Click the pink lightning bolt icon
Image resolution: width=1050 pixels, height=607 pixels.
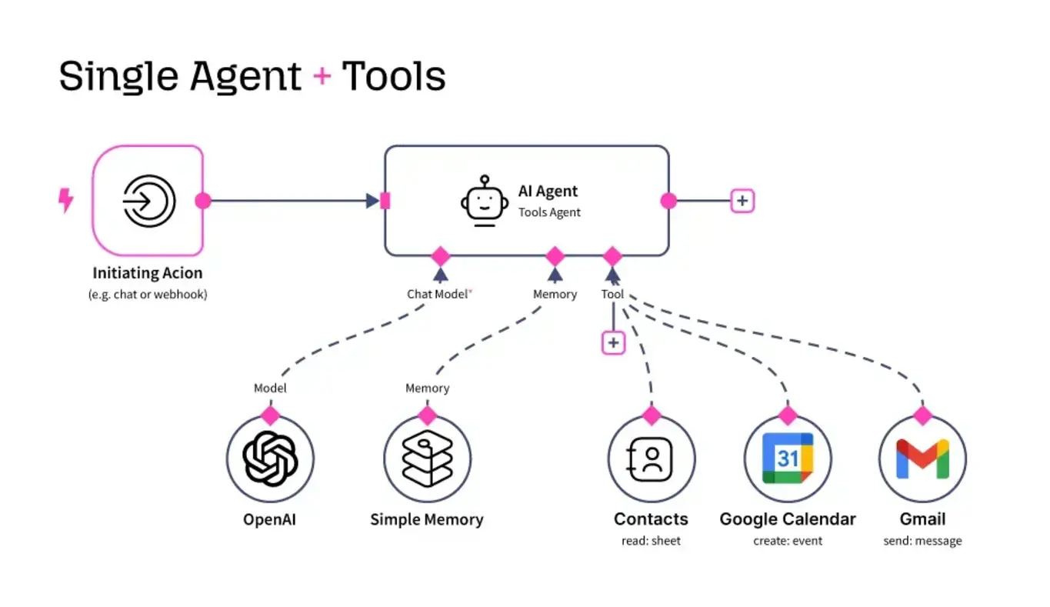point(66,201)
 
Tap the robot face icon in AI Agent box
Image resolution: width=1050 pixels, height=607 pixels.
point(485,202)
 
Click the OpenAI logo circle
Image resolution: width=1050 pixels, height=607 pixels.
point(270,459)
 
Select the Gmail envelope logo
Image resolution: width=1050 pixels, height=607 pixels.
point(922,459)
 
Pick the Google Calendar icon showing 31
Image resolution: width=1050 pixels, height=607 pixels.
point(787,459)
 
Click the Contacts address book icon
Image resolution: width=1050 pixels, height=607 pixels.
point(652,459)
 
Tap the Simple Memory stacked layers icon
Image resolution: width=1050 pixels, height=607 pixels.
point(427,459)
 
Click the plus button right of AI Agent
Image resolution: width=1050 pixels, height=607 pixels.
point(742,201)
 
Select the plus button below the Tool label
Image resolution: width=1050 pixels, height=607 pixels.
point(613,342)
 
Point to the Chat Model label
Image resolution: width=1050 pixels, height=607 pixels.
point(437,294)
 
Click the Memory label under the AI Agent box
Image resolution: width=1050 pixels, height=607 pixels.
point(555,294)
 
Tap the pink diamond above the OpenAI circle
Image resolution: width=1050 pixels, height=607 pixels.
point(270,415)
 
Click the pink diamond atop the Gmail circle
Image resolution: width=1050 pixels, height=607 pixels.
point(922,415)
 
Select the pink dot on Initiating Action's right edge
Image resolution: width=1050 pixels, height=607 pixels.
point(203,201)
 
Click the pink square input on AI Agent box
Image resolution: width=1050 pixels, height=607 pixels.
point(385,201)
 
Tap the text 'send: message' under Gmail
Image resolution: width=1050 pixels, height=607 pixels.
point(922,541)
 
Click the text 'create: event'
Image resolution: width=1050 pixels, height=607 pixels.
point(787,541)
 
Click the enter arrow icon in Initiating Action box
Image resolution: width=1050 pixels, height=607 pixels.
point(148,201)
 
